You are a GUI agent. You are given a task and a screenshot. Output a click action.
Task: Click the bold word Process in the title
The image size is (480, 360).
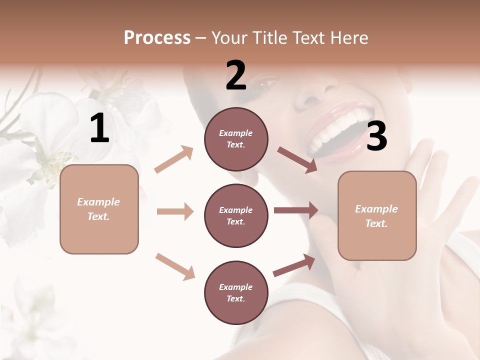pyautogui.click(x=157, y=38)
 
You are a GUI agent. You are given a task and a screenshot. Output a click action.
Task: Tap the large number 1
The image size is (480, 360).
pyautogui.click(x=99, y=128)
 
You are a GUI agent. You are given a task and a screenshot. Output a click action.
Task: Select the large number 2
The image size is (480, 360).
pyautogui.click(x=236, y=75)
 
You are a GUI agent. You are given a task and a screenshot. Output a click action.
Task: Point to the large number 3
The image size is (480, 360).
pyautogui.click(x=376, y=136)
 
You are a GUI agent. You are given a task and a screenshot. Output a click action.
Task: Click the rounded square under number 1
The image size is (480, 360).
pyautogui.click(x=99, y=209)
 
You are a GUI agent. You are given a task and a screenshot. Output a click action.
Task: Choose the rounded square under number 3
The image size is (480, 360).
pyautogui.click(x=377, y=216)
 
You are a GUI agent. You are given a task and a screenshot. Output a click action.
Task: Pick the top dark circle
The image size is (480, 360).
pyautogui.click(x=236, y=139)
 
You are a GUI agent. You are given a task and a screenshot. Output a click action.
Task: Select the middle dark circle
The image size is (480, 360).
pyautogui.click(x=236, y=216)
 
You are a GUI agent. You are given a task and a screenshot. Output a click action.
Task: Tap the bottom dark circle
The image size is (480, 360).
pyautogui.click(x=236, y=293)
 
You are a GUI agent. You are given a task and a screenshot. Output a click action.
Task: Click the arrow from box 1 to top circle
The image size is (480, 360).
pyautogui.click(x=174, y=159)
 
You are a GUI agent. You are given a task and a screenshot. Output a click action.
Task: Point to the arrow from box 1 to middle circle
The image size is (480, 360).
pyautogui.click(x=175, y=211)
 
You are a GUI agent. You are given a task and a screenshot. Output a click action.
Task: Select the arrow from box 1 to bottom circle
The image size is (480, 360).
pyautogui.click(x=175, y=266)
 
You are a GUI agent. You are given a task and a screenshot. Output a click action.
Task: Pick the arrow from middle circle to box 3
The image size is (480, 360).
pyautogui.click(x=296, y=210)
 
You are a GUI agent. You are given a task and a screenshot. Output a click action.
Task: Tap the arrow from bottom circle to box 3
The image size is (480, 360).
pyautogui.click(x=294, y=265)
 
